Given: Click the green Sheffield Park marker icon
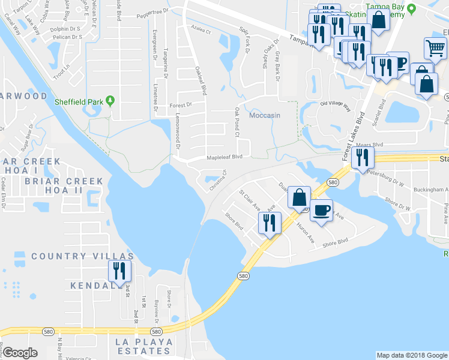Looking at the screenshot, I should [110, 101].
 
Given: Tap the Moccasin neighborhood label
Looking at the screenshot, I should [265, 115].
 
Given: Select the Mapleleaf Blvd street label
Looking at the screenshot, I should [224, 157].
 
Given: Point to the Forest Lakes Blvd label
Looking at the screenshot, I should [354, 135].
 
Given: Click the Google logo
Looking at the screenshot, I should [19, 352].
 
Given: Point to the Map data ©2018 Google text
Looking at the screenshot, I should [411, 355].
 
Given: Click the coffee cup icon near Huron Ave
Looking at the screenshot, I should [321, 211].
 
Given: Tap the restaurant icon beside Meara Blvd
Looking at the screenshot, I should [362, 158].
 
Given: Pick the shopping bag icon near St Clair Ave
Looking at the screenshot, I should [299, 197].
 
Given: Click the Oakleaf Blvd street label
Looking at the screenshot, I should [201, 81].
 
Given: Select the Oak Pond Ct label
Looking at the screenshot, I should [237, 122].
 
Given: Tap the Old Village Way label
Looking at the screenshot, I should [335, 106].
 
